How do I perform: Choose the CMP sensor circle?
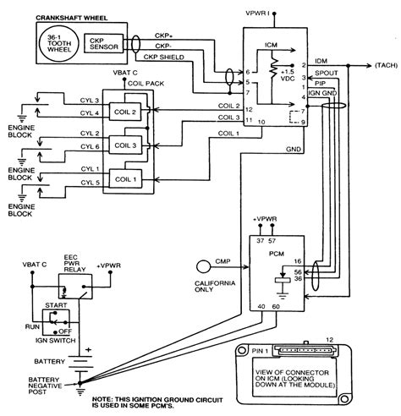(201, 265)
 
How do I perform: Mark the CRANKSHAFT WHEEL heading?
(76, 15)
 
